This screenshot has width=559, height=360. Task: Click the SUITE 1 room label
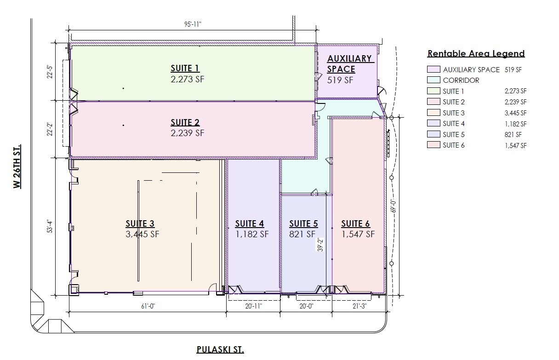click(185, 68)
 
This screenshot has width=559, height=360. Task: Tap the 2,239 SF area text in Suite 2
click(188, 133)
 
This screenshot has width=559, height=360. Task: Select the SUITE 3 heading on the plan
click(140, 223)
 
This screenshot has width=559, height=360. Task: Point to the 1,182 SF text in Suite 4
click(252, 234)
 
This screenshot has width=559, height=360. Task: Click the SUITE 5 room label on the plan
click(303, 223)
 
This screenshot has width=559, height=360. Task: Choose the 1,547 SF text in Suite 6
click(358, 234)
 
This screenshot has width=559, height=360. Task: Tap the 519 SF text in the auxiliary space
click(340, 80)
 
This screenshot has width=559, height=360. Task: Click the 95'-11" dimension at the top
click(193, 24)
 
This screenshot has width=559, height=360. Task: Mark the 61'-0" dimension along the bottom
click(148, 306)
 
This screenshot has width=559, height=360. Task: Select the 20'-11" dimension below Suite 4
click(254, 306)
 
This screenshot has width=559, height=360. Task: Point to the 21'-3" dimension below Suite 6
click(359, 306)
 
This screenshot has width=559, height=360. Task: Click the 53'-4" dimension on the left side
click(50, 226)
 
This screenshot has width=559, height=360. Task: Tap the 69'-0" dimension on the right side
click(394, 206)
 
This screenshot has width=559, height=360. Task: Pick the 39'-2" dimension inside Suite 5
click(320, 245)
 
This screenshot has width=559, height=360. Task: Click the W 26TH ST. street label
click(17, 166)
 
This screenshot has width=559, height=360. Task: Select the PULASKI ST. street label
click(220, 349)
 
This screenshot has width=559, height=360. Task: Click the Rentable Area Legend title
click(476, 53)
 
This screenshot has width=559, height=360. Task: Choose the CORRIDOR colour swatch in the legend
click(434, 80)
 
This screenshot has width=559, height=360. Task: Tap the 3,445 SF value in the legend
click(516, 113)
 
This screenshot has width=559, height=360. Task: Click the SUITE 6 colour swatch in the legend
click(434, 145)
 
